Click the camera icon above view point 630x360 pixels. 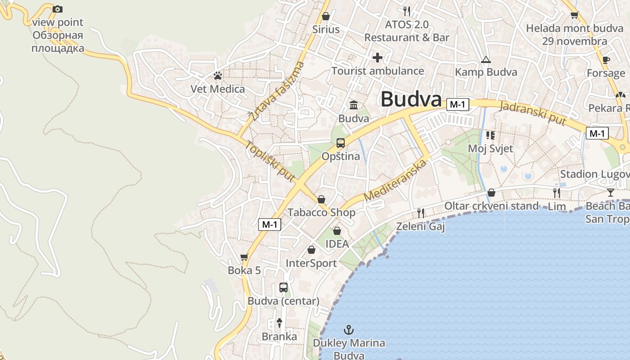[x=58, y=9]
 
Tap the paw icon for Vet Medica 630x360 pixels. [x=218, y=76]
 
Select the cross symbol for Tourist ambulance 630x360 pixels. [x=378, y=58]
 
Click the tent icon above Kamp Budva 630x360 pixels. [x=486, y=59]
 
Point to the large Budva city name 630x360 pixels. [x=411, y=99]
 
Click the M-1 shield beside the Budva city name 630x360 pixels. [x=458, y=105]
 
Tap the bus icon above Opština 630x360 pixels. [x=341, y=143]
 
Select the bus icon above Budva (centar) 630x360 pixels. [x=283, y=287]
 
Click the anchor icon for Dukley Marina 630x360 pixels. [x=349, y=330]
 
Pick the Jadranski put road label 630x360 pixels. [x=533, y=112]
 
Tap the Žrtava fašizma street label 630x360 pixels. [x=277, y=91]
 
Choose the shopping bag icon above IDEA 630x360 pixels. [x=337, y=231]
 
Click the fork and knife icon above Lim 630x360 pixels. [x=557, y=193]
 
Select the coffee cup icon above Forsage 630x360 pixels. [x=606, y=59]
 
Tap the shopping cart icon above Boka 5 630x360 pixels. [x=244, y=257]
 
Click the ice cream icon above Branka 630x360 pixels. [x=279, y=322]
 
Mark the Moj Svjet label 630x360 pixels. [x=490, y=148]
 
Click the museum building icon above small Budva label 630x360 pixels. [x=354, y=105]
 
